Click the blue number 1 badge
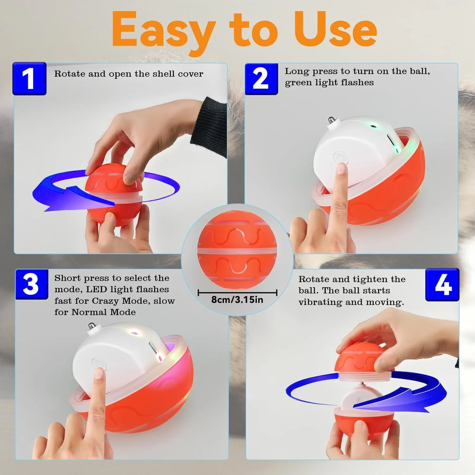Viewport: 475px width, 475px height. click(x=29, y=79)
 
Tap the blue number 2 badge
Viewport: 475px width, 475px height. click(x=261, y=79)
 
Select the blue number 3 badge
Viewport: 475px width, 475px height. click(x=32, y=284)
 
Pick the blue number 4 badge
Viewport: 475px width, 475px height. click(x=442, y=284)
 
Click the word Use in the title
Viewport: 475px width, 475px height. click(x=336, y=30)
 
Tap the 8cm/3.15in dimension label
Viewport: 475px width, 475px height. click(x=237, y=300)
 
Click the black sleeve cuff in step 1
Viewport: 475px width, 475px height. click(x=211, y=127)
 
